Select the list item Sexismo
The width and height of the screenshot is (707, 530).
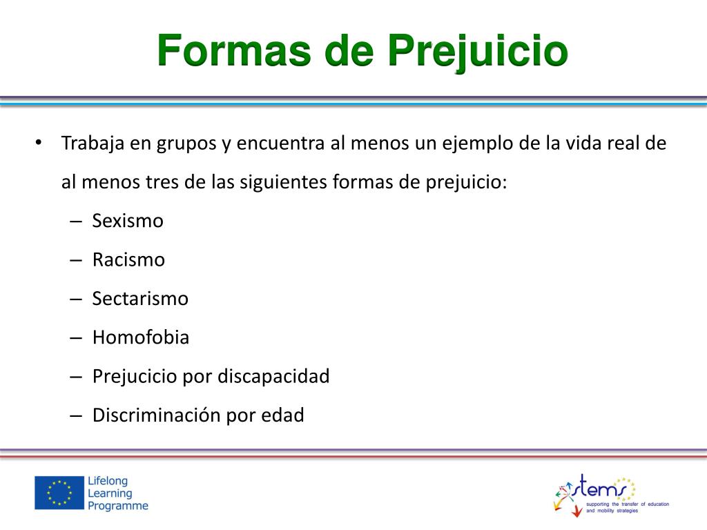coord(128,222)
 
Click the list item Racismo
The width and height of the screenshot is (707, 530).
coord(128,260)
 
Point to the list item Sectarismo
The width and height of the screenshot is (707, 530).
coord(140,299)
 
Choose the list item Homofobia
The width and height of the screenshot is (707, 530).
coord(141,337)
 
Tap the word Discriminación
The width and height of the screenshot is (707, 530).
coord(157,415)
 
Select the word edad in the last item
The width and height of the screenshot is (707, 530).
coord(282,415)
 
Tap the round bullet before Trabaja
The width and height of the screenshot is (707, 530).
coord(39,144)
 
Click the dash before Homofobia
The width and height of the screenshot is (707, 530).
coord(76,338)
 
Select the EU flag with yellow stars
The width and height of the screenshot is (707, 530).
coord(59,493)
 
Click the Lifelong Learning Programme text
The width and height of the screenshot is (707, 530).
coord(117,493)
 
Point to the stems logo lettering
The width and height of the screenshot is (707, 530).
coord(603,487)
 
